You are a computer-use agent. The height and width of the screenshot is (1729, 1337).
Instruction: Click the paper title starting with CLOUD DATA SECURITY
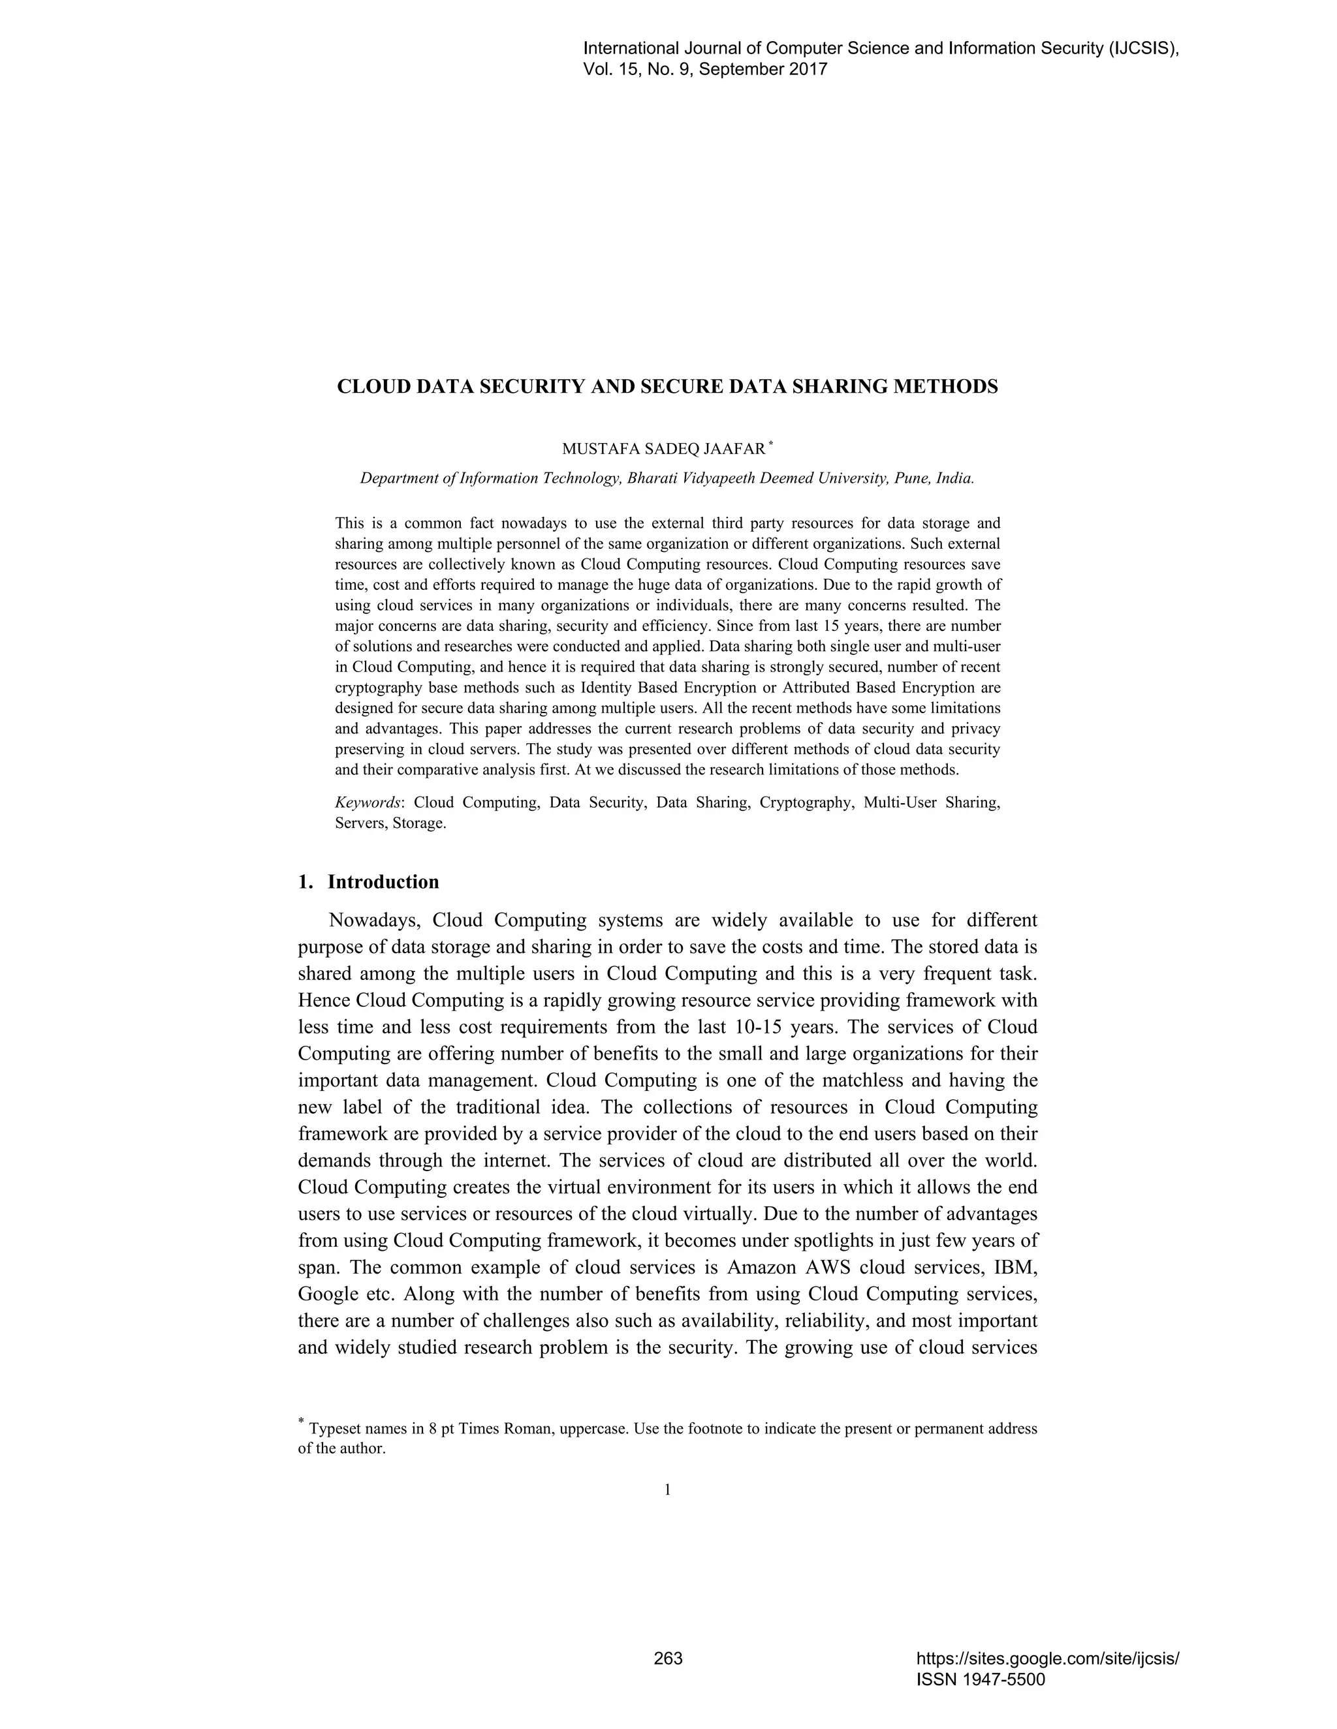click(668, 387)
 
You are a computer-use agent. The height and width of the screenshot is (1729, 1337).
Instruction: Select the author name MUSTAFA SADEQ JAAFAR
click(664, 449)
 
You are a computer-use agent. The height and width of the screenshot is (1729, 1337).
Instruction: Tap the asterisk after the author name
click(771, 445)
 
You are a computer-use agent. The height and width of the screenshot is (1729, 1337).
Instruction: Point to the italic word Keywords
click(368, 803)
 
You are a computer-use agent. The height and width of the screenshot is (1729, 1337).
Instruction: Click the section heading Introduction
click(383, 882)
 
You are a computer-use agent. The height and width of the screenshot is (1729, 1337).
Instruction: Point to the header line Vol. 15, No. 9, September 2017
click(705, 69)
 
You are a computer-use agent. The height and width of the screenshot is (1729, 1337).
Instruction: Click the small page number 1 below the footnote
click(668, 1490)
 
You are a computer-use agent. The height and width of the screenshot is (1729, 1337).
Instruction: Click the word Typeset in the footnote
click(333, 1430)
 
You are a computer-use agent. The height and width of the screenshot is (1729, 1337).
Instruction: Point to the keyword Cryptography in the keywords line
click(806, 803)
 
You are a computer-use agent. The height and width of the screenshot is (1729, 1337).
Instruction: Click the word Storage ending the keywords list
click(420, 823)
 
